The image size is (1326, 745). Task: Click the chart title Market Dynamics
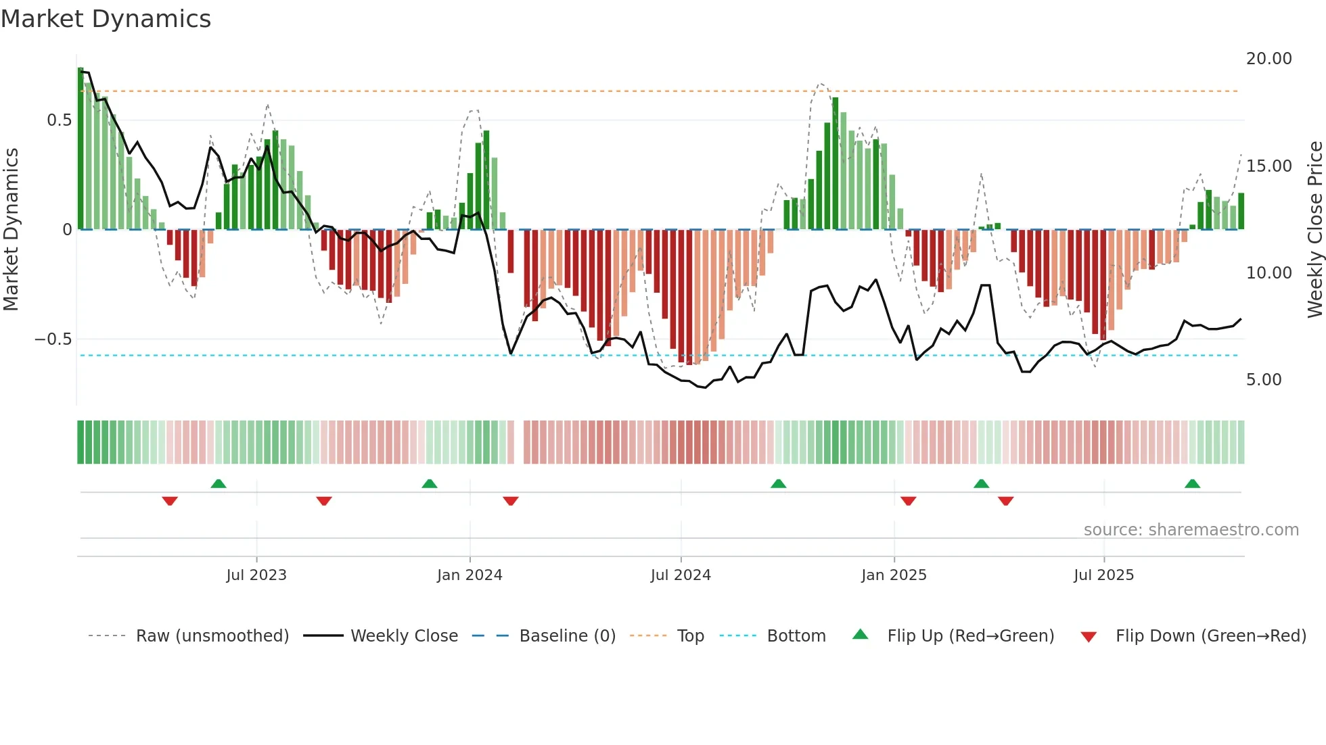[x=106, y=19]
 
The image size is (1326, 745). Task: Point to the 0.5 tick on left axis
[x=59, y=120]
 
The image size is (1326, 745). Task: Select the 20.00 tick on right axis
[x=1268, y=59]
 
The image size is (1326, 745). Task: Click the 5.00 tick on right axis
[x=1264, y=380]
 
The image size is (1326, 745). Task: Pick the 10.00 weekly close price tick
[x=1268, y=273]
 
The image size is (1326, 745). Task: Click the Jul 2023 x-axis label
[x=256, y=575]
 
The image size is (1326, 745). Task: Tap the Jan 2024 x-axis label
[x=470, y=575]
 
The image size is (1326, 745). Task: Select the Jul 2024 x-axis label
[x=681, y=575]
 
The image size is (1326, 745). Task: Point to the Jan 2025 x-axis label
[x=894, y=575]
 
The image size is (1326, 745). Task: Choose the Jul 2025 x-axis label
[x=1103, y=575]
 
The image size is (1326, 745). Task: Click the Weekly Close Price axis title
[x=1314, y=229]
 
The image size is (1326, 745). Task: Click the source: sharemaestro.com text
[x=1191, y=530]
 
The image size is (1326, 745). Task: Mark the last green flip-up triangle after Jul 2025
[x=1192, y=484]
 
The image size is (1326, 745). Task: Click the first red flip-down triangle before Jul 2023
[x=170, y=500]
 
